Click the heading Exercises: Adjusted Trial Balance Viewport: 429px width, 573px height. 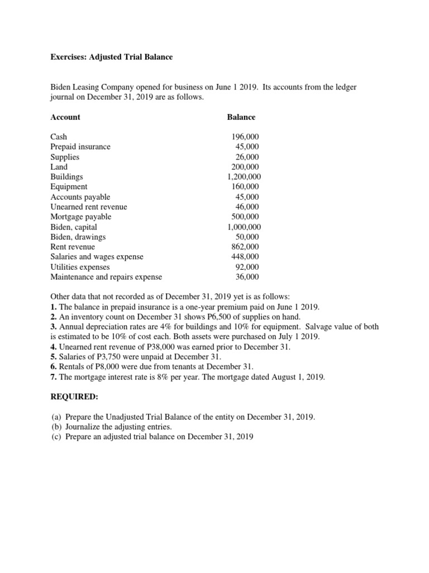coord(112,57)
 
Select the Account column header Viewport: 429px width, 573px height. coord(65,117)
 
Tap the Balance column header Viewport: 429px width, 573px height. coord(241,117)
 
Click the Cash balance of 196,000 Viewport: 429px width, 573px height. coord(245,137)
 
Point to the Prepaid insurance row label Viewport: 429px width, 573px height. coord(80,147)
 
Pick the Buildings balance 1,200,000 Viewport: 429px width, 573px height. coord(244,177)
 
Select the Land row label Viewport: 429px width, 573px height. coord(59,167)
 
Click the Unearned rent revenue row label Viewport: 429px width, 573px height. coord(89,207)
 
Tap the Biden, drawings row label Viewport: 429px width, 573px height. coord(78,237)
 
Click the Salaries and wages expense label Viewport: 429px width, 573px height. coord(97,257)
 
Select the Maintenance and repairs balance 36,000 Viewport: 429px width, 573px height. coord(247,277)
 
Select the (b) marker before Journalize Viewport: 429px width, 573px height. coord(56,426)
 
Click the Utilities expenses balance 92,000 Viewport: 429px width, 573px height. coord(247,267)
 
